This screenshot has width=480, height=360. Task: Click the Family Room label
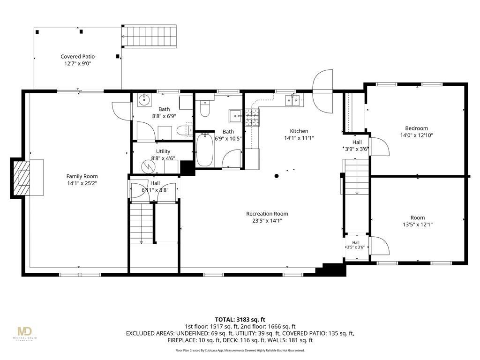82,176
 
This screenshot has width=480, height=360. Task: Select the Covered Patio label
77,57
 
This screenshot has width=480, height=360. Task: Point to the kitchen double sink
293,100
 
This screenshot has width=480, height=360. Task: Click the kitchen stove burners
253,118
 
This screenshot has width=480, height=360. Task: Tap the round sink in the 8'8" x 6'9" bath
143,99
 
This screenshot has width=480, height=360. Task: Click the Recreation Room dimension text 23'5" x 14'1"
267,221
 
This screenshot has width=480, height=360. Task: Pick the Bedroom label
416,128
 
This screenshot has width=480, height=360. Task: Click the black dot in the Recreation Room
277,176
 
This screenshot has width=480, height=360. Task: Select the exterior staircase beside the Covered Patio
150,37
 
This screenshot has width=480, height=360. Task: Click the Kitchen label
299,131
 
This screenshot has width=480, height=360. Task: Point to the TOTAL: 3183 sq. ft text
240,320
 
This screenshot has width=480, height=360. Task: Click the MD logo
24,331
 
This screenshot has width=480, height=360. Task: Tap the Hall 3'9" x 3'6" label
357,146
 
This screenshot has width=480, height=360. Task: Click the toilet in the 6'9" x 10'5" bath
205,109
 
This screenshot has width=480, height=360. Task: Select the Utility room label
163,151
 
